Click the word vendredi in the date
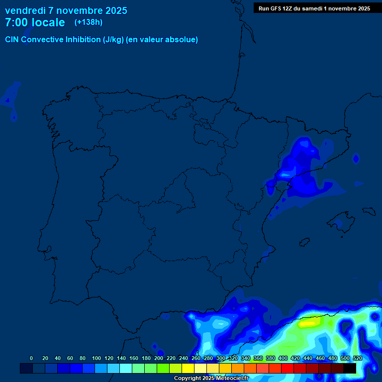(25, 10)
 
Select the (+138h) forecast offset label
(88, 22)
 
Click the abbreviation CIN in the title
(12, 40)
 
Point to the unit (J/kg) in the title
(113, 40)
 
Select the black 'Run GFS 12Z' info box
(314, 8)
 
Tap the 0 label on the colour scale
(31, 358)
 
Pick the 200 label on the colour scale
(159, 358)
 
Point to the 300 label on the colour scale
(221, 358)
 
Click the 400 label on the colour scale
(283, 358)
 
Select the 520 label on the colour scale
(358, 358)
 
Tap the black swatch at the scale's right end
(350, 368)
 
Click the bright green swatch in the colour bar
(163, 368)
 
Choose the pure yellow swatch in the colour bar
(188, 368)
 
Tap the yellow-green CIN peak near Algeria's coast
(308, 324)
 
